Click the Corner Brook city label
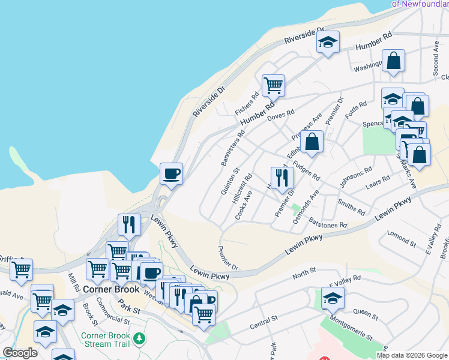pos(111,289)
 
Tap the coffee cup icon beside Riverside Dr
pos(171,173)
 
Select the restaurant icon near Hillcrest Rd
pos(282,178)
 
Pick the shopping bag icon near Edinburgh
pos(313,143)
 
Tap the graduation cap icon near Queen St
pos(333,298)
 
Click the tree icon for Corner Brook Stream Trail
pos(140,340)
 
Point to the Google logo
pos(20,353)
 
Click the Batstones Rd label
pos(328,224)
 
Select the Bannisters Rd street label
pos(231,148)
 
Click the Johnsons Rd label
pos(352,178)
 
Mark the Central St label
pos(264,320)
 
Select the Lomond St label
pos(402,239)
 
